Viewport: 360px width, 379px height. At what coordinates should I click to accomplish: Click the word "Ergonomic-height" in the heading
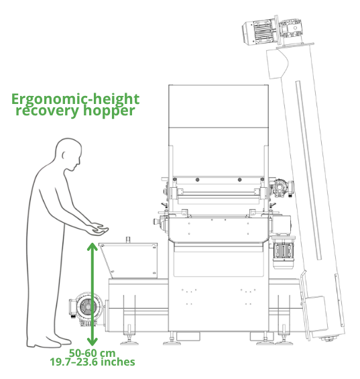(75, 99)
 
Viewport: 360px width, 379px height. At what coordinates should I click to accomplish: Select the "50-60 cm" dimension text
(93, 353)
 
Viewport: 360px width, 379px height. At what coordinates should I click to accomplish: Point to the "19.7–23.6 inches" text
(93, 362)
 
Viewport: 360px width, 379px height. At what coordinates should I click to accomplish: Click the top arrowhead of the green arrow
(93, 247)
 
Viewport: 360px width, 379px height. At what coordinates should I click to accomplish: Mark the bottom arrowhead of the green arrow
(93, 341)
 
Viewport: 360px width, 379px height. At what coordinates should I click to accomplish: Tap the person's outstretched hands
(98, 229)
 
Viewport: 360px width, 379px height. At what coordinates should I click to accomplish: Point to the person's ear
(64, 155)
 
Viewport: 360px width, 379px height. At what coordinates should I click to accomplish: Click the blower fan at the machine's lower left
(87, 308)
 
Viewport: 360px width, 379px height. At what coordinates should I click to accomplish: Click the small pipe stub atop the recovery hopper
(129, 239)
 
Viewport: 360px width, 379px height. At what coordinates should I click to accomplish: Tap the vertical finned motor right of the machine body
(283, 253)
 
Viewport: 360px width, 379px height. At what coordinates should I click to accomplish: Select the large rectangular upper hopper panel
(219, 106)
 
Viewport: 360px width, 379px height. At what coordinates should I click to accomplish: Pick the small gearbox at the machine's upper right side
(282, 188)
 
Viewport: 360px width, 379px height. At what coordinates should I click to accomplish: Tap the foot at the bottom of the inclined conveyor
(327, 339)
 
